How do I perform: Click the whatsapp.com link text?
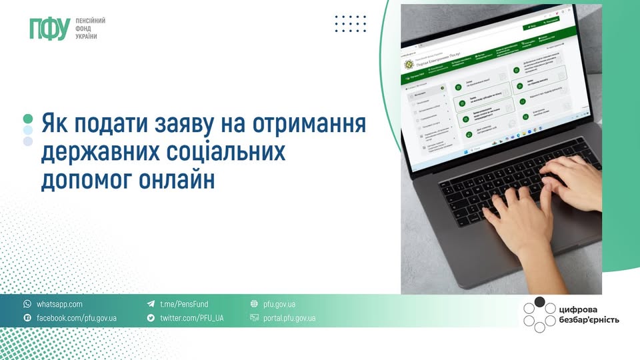59,304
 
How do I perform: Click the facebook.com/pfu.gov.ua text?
76,318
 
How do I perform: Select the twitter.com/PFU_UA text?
191,318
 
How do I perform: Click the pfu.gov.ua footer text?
279,304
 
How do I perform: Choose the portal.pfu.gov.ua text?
289,318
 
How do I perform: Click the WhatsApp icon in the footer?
27,304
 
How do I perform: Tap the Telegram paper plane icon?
151,304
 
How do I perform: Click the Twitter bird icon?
151,318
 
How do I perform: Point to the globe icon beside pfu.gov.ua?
254,304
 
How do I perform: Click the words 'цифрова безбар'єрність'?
589,314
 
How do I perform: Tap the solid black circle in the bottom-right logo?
540,302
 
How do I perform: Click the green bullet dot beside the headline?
28,118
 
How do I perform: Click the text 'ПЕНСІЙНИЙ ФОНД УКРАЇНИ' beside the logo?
91,29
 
